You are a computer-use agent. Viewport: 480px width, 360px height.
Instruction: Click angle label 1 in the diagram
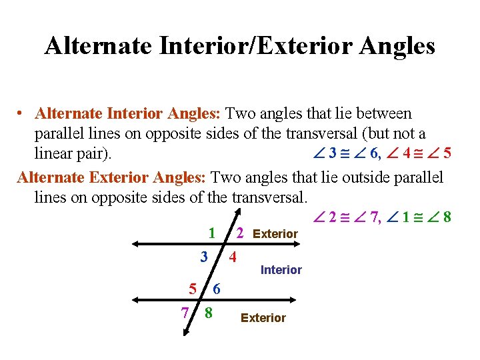[x=211, y=233]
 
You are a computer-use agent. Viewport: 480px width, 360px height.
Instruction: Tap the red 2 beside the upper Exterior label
[x=241, y=233]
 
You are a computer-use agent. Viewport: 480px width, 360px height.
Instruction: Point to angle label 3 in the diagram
[x=205, y=257]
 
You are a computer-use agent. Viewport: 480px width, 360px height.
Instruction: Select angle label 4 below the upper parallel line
[x=233, y=257]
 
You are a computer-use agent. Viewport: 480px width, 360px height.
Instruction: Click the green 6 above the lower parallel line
[x=217, y=289]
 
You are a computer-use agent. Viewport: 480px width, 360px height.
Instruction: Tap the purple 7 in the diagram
[x=185, y=312]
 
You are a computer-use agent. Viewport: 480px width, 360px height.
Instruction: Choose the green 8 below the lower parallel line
[x=209, y=312]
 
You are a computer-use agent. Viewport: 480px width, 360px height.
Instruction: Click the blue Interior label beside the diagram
[x=281, y=270]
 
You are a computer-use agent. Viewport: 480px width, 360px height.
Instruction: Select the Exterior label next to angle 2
[x=275, y=234]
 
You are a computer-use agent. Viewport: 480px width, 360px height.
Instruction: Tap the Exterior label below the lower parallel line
[x=263, y=318]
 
